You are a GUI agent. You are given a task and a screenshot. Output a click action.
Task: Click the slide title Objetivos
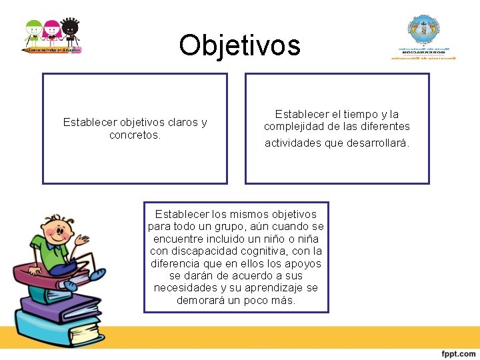pos(239,45)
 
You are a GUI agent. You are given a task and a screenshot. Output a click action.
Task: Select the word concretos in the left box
pos(134,135)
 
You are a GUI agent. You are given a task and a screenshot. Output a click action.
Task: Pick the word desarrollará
pos(378,143)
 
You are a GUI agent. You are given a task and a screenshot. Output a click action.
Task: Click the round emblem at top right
pos(423,30)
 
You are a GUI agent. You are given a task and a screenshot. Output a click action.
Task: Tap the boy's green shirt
pos(47,254)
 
